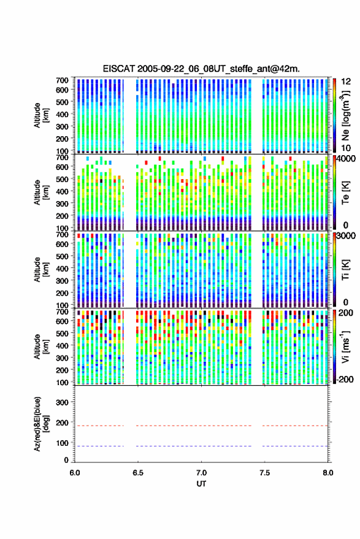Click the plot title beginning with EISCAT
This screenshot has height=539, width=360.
(201, 69)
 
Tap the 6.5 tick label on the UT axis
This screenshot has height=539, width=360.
(138, 473)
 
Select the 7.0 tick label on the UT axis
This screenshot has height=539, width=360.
(201, 473)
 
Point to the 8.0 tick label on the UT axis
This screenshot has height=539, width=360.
(328, 473)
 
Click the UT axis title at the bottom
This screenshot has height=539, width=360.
(201, 484)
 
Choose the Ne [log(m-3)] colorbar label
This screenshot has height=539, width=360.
(345, 115)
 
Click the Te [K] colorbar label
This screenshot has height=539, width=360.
(345, 193)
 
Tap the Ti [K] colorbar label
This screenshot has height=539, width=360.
(345, 270)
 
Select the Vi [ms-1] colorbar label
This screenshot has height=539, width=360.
(345, 346)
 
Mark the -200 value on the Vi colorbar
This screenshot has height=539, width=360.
(345, 379)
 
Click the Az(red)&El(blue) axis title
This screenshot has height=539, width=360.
(41, 424)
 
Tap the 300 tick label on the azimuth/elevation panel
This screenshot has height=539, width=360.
(62, 402)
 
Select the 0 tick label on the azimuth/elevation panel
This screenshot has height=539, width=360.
(66, 460)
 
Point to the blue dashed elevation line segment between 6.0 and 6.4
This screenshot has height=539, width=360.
(99, 446)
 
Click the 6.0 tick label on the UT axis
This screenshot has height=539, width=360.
(75, 473)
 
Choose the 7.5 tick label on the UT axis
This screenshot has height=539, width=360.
(265, 473)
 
